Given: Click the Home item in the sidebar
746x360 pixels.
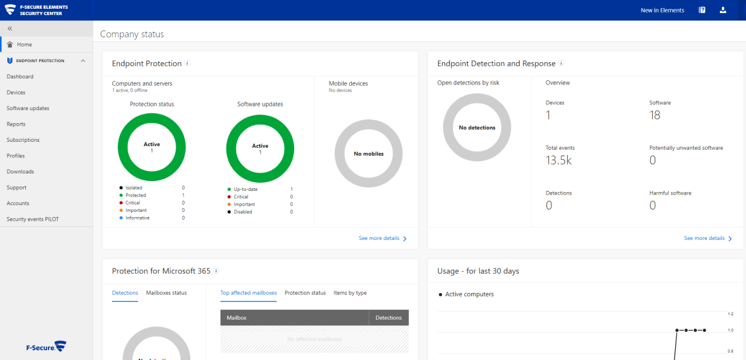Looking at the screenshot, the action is [24, 44].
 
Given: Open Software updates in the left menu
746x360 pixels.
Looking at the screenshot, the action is [28, 108].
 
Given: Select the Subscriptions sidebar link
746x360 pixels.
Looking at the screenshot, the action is [23, 140].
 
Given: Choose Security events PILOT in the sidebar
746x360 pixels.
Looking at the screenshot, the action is [32, 219].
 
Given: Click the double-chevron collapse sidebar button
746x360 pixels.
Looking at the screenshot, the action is [10, 29].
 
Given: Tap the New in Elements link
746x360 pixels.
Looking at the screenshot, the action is [663, 11].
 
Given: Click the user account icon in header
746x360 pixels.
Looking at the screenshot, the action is [723, 11].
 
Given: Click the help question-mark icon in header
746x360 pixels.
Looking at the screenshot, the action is [702, 11].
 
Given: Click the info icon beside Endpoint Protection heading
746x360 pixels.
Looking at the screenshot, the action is [187, 63].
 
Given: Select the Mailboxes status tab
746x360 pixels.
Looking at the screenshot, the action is [167, 293].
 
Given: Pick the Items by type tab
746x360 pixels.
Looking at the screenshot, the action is [350, 293].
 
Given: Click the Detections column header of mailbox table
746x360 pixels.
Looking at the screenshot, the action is [389, 318].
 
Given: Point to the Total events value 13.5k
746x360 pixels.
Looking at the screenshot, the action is [558, 160].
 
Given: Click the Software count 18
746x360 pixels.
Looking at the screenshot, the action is [655, 115].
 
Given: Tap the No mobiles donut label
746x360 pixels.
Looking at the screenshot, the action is [369, 154].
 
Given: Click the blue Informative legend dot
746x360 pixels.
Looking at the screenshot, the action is [121, 218].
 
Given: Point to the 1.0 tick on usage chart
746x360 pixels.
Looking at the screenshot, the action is [730, 330].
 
